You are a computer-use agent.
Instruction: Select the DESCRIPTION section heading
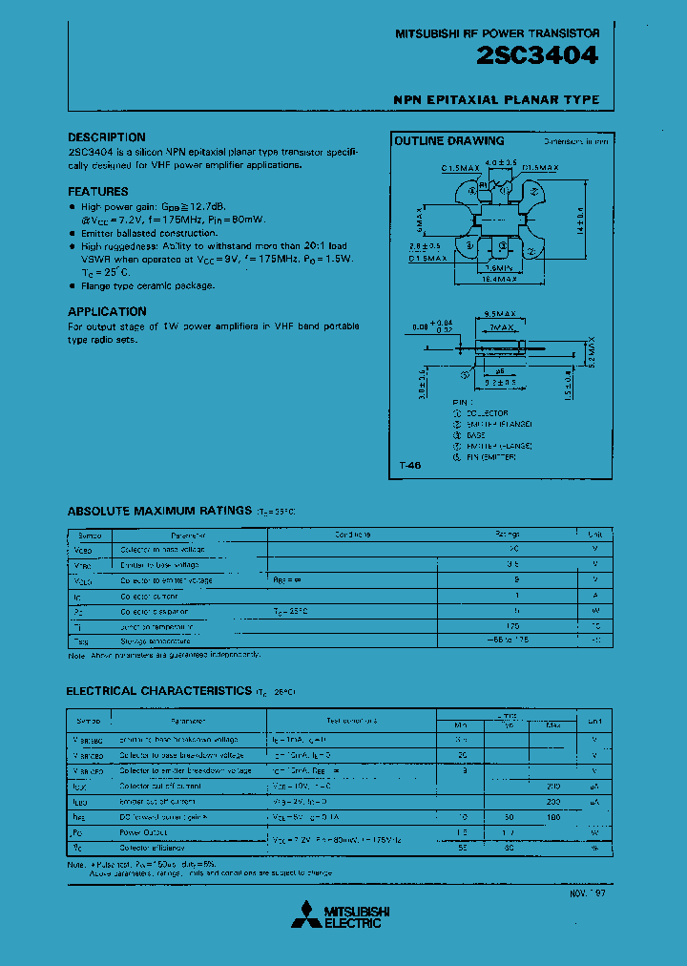coord(106,137)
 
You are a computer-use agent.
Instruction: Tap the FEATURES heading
coord(97,192)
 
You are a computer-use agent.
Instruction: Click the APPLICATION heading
coord(107,312)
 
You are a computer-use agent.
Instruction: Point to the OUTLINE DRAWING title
coord(449,141)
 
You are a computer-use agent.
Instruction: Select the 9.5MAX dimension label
coord(501,314)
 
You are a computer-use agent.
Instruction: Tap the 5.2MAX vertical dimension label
coord(592,354)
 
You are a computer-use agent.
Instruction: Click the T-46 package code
coord(409,466)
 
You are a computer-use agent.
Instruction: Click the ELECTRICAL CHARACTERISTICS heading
coord(158,690)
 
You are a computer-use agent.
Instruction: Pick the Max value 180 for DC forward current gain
coord(552,817)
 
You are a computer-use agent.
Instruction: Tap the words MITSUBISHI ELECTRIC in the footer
coord(353,916)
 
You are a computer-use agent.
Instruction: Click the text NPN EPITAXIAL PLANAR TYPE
coord(496,100)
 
